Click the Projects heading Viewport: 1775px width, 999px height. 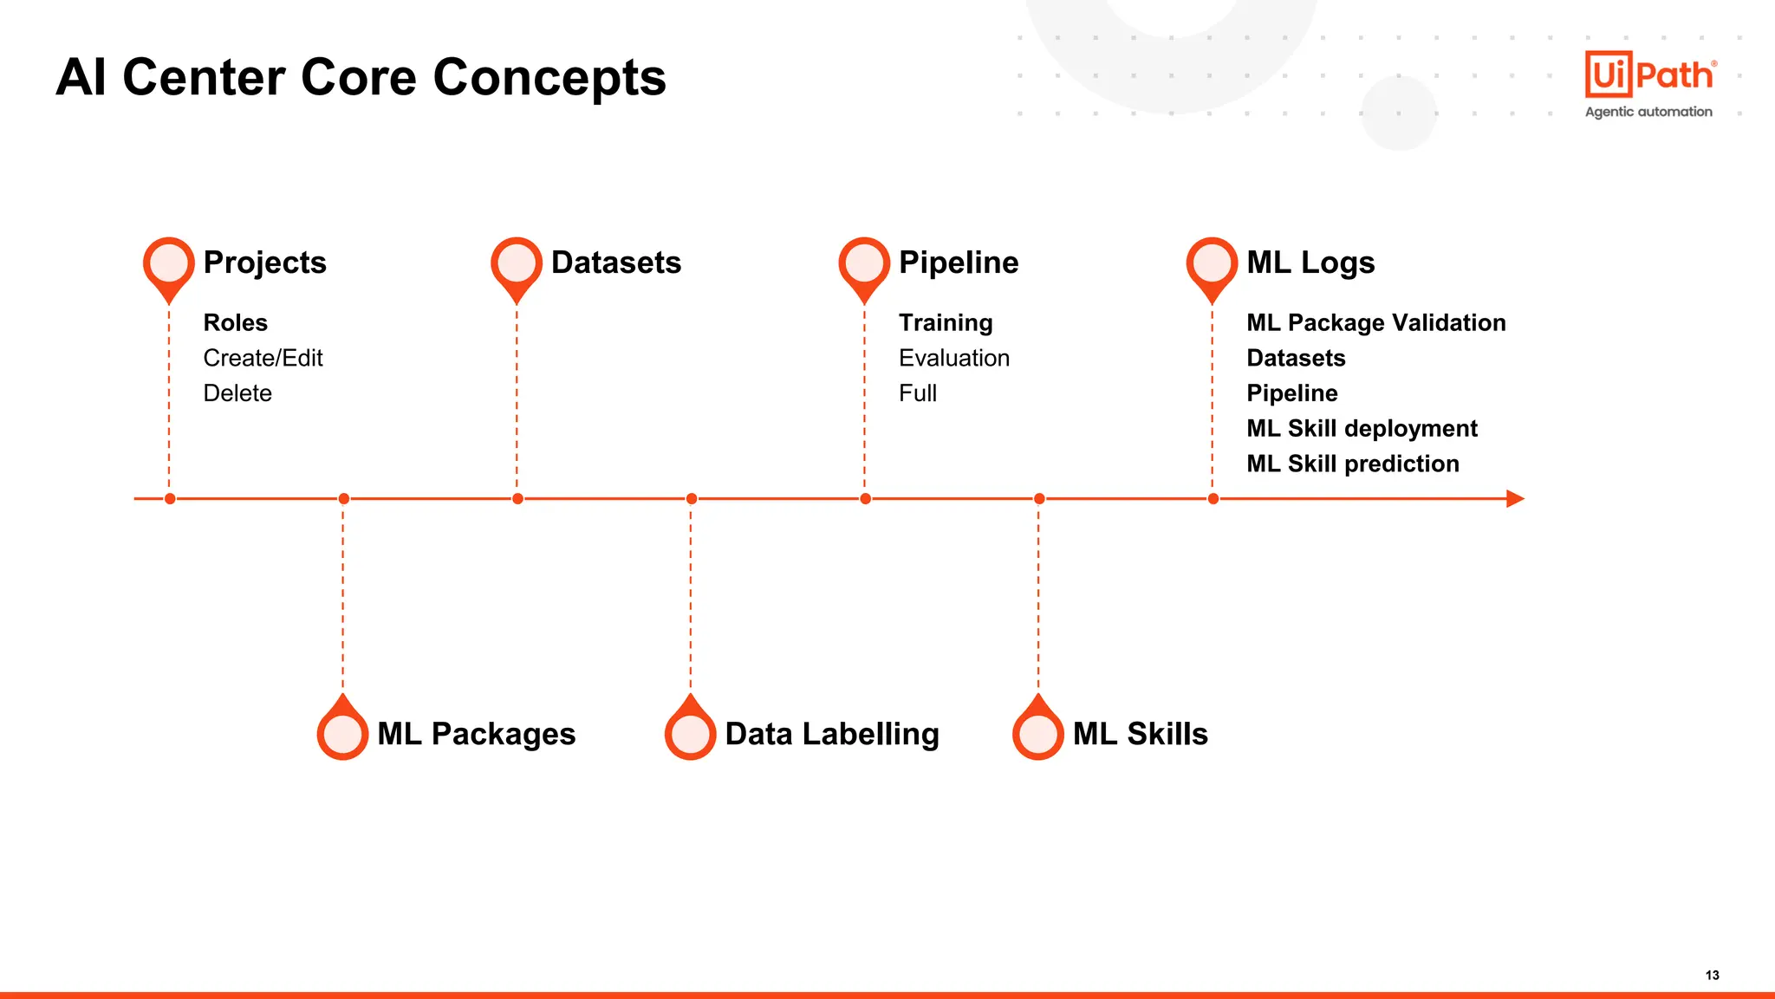[x=264, y=263]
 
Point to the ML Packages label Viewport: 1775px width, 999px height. [x=476, y=734]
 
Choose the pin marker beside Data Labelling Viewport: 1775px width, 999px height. [x=691, y=733]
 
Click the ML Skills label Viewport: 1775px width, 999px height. [x=1140, y=734]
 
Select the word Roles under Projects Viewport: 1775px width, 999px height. [x=235, y=322]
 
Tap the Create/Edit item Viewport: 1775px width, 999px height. [x=263, y=358]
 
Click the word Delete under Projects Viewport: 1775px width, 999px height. [x=237, y=393]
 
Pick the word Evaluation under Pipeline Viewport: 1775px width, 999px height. [x=953, y=358]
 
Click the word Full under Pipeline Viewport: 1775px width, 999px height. [x=917, y=393]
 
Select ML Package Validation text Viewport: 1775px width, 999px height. [x=1375, y=322]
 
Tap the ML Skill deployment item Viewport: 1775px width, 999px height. [x=1362, y=428]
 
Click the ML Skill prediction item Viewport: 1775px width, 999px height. [x=1352, y=464]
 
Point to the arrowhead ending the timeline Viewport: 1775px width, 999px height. [x=1515, y=499]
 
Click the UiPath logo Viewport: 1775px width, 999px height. [x=1649, y=75]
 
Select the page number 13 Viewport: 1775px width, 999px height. [x=1712, y=975]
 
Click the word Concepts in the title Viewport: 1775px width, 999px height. [x=549, y=78]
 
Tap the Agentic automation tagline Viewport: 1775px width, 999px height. [x=1648, y=112]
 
